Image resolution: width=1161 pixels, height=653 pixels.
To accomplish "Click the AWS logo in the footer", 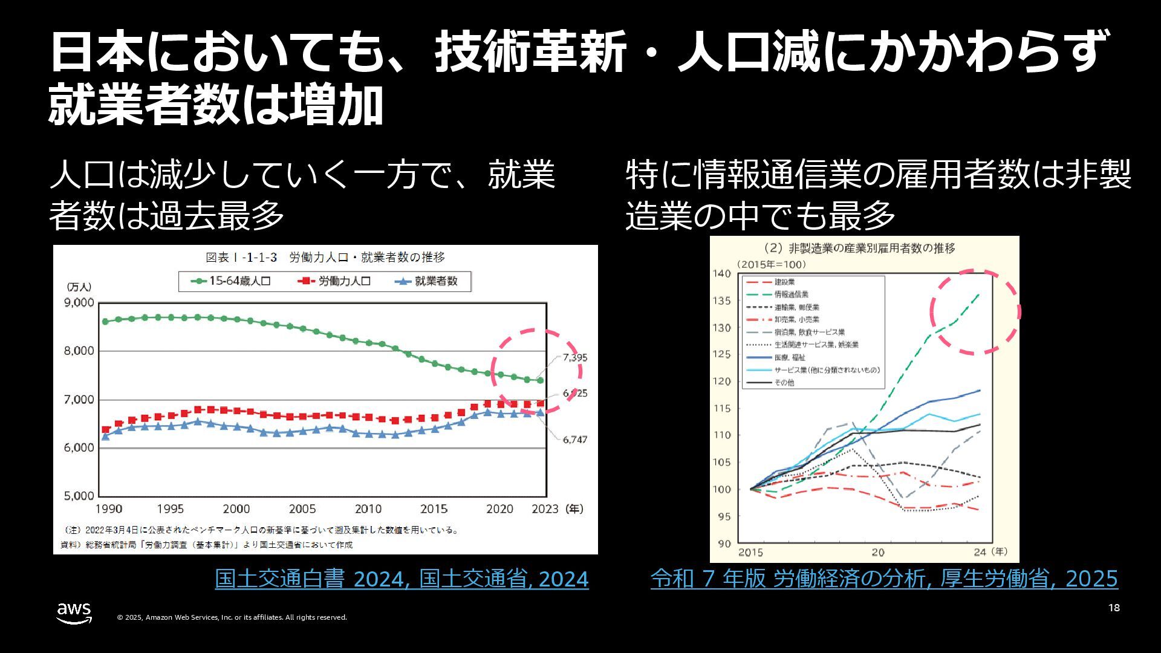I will pos(74,612).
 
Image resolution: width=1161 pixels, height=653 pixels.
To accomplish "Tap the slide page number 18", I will pos(1114,608).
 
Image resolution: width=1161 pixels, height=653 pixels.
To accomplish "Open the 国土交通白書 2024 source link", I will pos(402,579).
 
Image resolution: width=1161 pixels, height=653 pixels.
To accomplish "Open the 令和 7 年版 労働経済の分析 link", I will pos(884,579).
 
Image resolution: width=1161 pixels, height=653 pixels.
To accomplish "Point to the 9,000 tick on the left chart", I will pos(79,302).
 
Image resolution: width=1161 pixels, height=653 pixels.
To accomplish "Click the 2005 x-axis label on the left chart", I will pos(302,509).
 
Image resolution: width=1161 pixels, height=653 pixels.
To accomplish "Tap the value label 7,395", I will pos(574,357).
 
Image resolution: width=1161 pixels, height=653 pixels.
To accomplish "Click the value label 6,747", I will pos(574,440).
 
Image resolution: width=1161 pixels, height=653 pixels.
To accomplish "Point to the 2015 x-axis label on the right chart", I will pos(750,552).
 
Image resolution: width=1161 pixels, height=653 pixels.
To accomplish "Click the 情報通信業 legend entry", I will pos(791,294).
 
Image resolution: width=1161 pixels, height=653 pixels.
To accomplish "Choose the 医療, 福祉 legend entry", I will pos(789,357).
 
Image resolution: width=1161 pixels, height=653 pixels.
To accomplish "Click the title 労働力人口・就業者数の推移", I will pos(366,258).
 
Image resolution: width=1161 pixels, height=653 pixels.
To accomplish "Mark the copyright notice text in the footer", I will pos(232,617).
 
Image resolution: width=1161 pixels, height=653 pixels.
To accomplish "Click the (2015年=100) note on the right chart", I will pos(771,264).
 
